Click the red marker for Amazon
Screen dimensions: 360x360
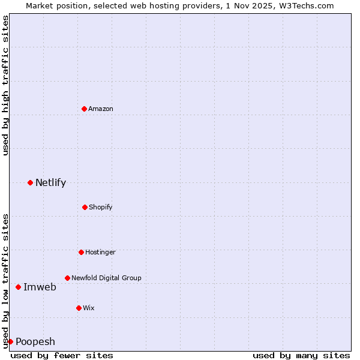[x=85, y=109]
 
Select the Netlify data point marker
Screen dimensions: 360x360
[x=30, y=182]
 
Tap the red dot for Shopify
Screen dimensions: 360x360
[x=85, y=207]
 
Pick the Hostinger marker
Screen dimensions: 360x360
[x=81, y=252]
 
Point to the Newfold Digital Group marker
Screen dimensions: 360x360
[x=67, y=278]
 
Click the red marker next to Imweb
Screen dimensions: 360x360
[x=18, y=287]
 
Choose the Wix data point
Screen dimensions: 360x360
[x=79, y=308]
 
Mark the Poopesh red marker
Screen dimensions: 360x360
[x=10, y=341]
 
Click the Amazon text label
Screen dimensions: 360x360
[x=101, y=109]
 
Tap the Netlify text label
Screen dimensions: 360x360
[x=50, y=182]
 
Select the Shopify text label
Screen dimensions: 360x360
[x=101, y=207]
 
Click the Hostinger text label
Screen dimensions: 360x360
[x=100, y=252]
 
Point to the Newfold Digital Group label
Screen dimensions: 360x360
[x=106, y=278]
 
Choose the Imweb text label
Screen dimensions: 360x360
[x=40, y=287]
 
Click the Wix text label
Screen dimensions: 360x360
[x=89, y=308]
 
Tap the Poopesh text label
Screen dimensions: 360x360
[x=35, y=341]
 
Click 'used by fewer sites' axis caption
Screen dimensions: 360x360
[x=62, y=355]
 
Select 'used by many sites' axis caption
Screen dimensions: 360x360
[x=301, y=355]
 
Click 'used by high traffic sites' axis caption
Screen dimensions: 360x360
[x=5, y=85]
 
